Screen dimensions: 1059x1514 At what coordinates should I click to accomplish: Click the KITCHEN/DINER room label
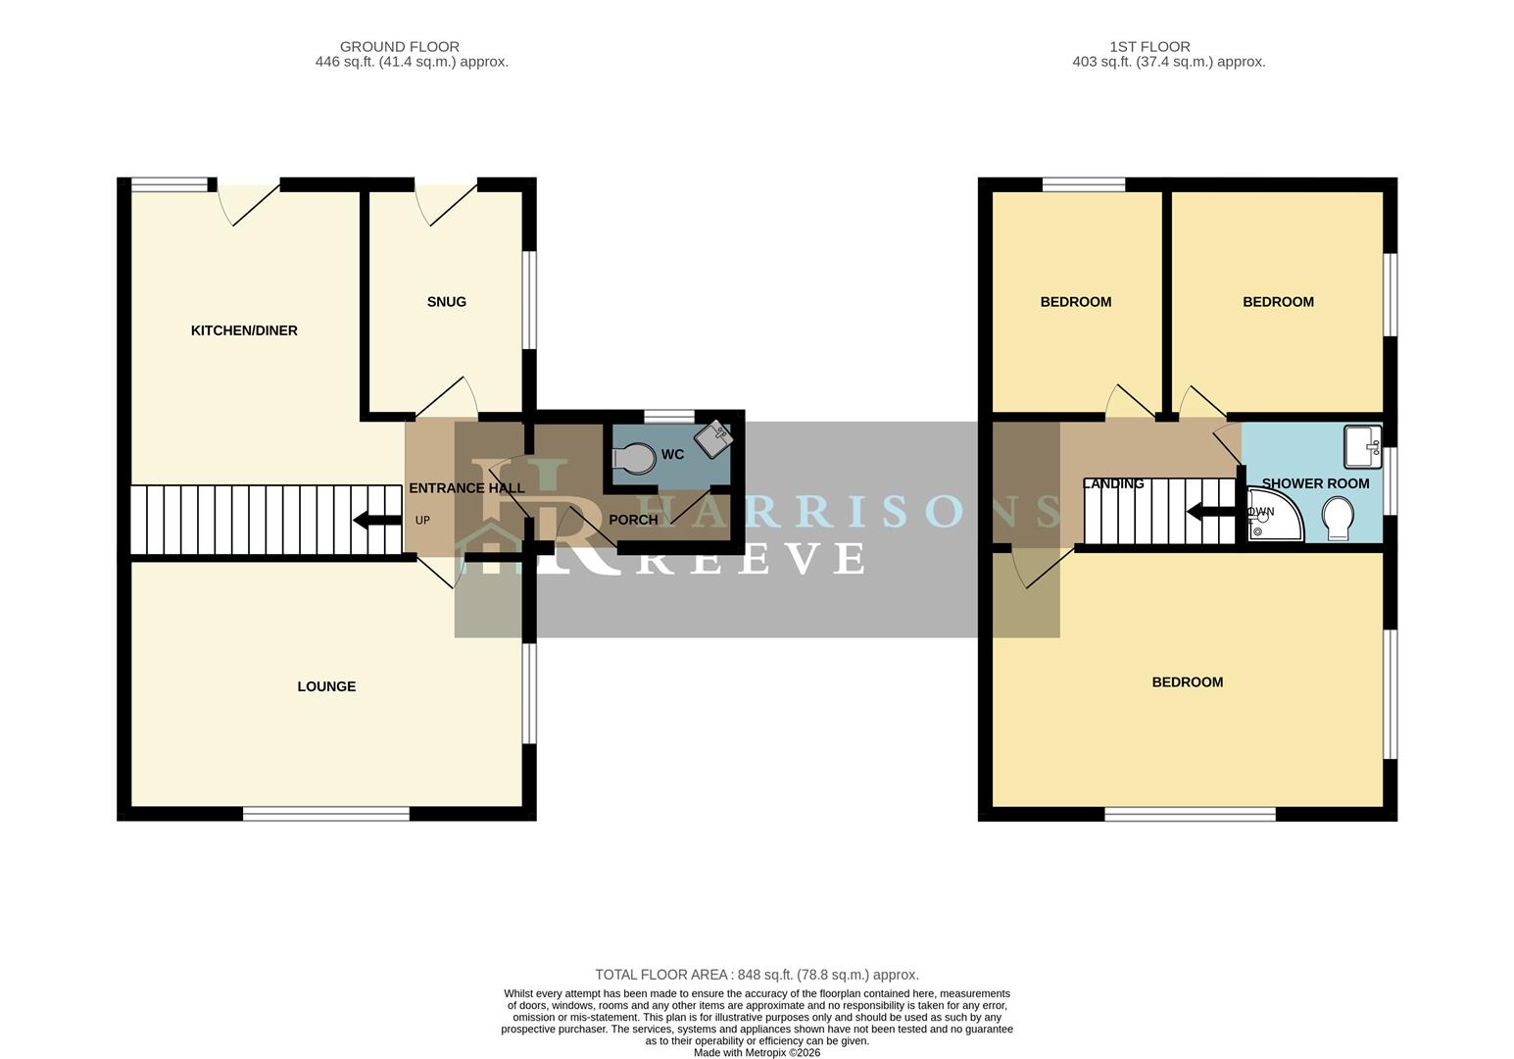pos(244,330)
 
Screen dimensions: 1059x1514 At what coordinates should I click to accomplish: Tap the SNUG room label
pos(446,302)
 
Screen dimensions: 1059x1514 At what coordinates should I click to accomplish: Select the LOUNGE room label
pos(326,686)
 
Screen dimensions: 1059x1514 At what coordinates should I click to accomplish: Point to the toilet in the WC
pos(634,458)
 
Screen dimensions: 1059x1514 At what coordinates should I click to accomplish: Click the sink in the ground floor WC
pos(714,438)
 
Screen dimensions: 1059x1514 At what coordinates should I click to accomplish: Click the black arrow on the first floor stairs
pos(1210,512)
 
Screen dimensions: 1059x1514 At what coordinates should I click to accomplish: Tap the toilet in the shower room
pos(1338,518)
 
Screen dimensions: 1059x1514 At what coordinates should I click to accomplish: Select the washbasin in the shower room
pos(1362,446)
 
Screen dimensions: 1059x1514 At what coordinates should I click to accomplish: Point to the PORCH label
pos(633,520)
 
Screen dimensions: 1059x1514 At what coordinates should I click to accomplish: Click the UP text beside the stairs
pos(422,521)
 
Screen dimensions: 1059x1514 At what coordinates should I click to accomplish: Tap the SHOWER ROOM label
pos(1315,483)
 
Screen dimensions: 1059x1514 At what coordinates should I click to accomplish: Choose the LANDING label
pos(1113,483)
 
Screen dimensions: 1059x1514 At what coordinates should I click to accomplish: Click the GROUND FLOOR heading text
pos(399,46)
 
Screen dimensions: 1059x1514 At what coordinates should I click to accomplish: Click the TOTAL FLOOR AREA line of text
pos(757,975)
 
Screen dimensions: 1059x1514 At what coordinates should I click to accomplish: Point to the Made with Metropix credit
pos(757,1052)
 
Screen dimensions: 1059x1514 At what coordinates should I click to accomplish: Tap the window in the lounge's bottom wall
pos(326,814)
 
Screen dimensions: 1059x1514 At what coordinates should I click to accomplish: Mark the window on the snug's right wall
pos(529,300)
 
